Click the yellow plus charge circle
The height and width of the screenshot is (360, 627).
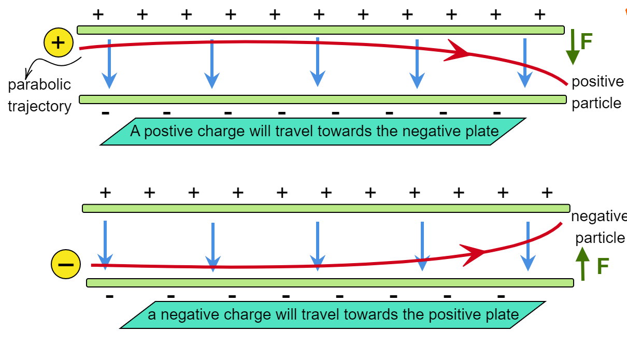tap(59, 42)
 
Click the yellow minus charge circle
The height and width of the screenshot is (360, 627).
tap(66, 264)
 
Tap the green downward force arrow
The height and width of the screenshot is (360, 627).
tap(572, 47)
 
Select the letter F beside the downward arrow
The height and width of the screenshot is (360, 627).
tap(586, 41)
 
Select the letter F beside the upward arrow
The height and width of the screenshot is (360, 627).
tap(602, 266)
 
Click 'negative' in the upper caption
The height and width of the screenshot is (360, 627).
tap(428, 131)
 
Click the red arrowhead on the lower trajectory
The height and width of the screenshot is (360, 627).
tap(474, 253)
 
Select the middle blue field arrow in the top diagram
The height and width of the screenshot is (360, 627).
tap(317, 62)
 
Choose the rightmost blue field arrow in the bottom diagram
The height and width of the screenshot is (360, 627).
tap(528, 246)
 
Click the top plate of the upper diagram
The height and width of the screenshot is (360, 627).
tap(320, 30)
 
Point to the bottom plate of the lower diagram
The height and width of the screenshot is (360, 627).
tap(330, 283)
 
